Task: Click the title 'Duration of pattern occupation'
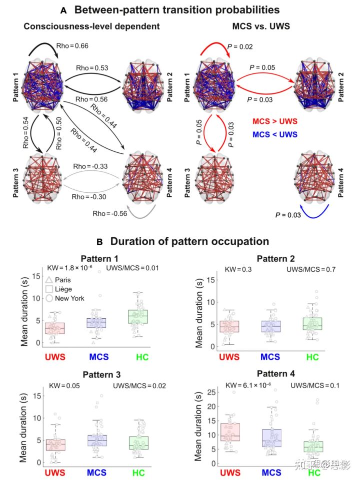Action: click(189, 242)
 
